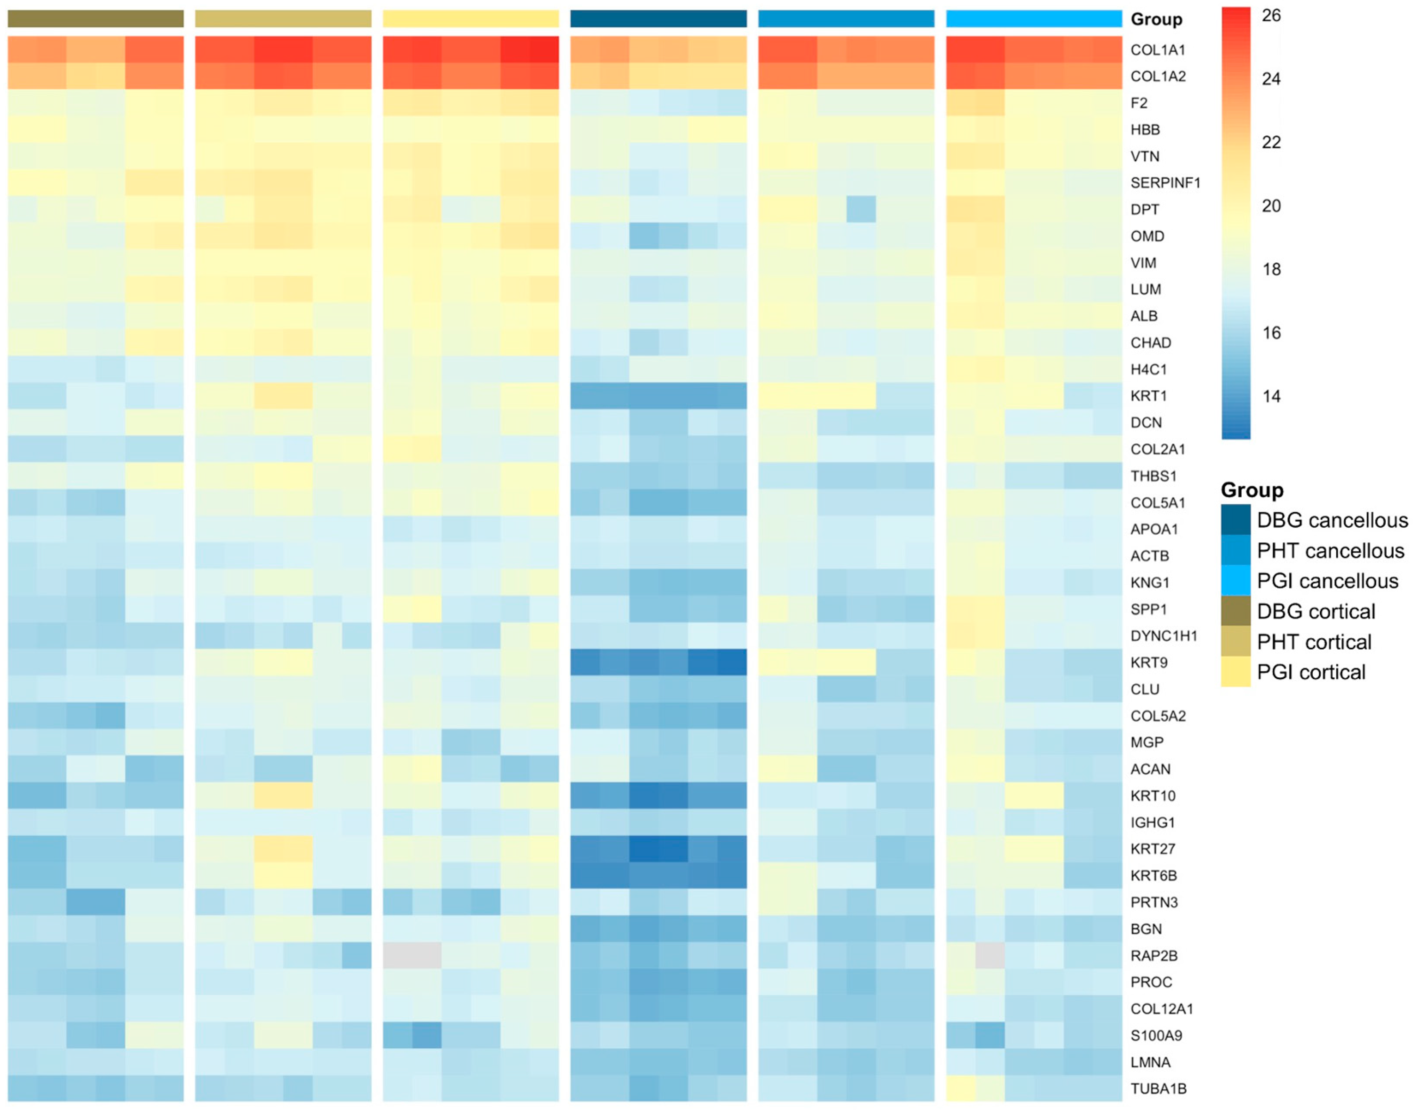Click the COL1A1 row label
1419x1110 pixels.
coord(1158,50)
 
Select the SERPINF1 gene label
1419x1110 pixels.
coord(1165,183)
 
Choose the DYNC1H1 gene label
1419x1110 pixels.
coord(1164,636)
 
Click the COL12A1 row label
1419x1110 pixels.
coord(1162,1008)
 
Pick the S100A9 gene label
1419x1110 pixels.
coord(1156,1035)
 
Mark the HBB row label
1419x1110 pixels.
coord(1145,129)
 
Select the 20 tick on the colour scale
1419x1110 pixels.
coord(1271,205)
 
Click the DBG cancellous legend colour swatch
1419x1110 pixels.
coord(1235,519)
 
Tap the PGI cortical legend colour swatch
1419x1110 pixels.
coord(1235,671)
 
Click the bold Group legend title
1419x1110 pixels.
coord(1252,489)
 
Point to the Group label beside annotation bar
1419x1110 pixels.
coord(1156,19)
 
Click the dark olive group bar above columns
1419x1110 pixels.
coord(96,19)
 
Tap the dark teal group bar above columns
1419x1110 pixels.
coord(658,19)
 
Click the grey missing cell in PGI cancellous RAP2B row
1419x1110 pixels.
coord(990,955)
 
